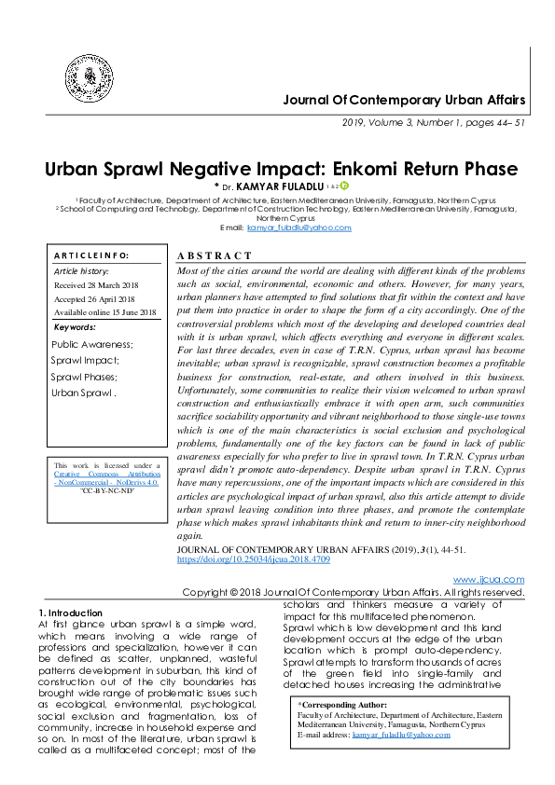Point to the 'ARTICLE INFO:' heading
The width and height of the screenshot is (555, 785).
tap(91, 255)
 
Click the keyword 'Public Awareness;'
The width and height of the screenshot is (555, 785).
tap(92, 344)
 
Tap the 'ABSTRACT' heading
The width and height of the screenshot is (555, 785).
tap(214, 255)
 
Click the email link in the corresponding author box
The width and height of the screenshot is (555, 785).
tap(401, 734)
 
